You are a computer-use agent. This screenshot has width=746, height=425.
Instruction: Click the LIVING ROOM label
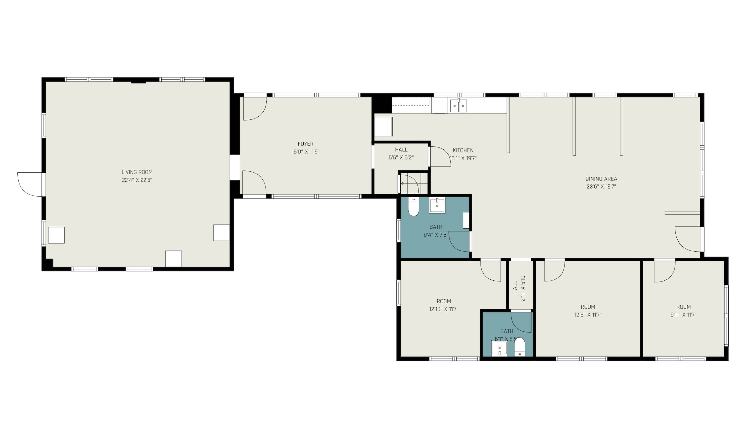coord(137,172)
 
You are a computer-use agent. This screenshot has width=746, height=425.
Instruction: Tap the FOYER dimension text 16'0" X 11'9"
coord(306,152)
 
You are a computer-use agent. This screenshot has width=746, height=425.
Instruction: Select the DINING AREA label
coord(601,179)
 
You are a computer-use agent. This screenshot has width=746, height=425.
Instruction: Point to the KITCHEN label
coord(463,150)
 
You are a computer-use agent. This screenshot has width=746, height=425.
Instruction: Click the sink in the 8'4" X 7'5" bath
coord(437,206)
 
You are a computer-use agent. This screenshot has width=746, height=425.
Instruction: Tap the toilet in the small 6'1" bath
coord(519,347)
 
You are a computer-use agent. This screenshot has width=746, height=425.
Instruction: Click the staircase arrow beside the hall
coord(404,184)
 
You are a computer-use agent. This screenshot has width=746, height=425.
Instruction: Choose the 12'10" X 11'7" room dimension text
coord(444,309)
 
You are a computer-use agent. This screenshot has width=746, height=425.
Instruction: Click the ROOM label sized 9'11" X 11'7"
coord(683,307)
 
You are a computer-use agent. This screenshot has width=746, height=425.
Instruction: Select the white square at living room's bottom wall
coord(174,259)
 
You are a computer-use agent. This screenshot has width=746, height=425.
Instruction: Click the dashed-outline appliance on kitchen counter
coord(410,101)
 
